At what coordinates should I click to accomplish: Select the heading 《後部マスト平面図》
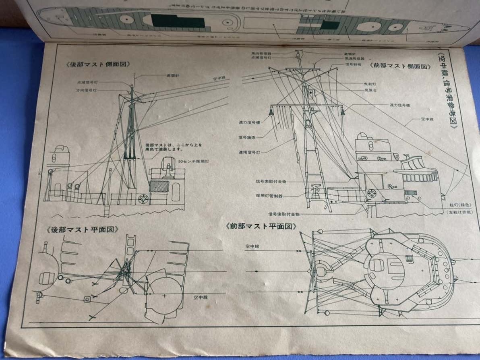(84, 230)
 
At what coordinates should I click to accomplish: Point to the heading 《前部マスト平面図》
(261, 226)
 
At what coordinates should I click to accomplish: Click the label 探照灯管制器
(269, 195)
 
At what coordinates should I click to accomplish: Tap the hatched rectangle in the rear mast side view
(159, 186)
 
